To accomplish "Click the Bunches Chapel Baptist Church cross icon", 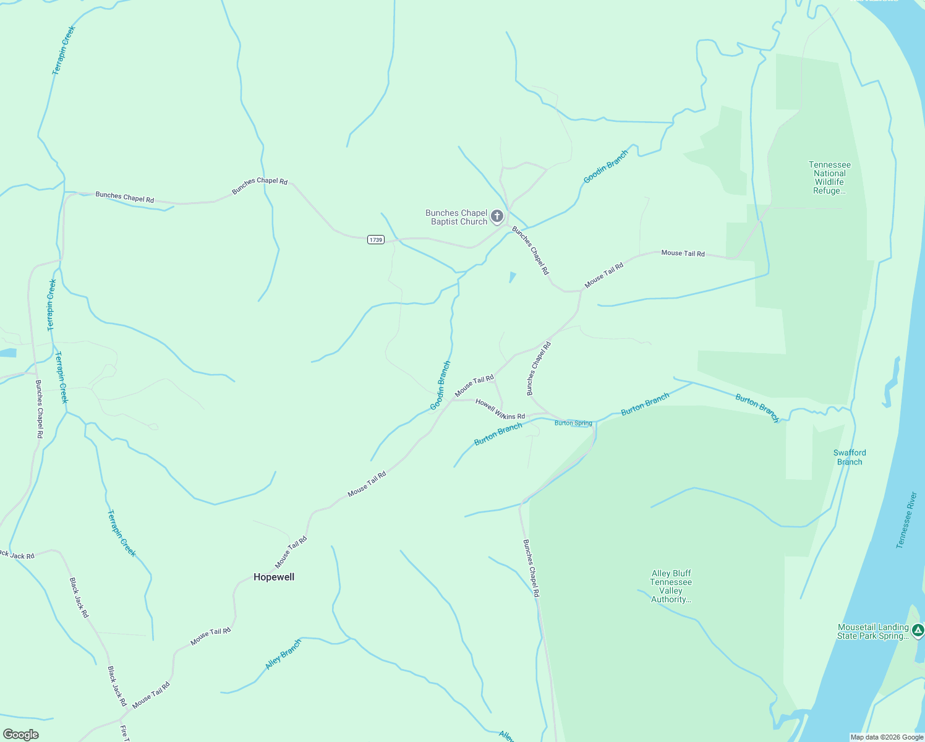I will [497, 216].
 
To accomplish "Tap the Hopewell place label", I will [274, 577].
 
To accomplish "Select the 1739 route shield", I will [376, 239].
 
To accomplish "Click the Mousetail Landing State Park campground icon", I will [918, 631].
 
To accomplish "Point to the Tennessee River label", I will [906, 520].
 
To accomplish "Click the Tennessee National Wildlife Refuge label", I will [830, 177].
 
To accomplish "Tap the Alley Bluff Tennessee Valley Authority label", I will [671, 586].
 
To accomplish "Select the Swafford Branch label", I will [850, 457].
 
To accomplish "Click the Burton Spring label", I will [573, 423].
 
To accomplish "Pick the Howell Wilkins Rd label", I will [500, 409].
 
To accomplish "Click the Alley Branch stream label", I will [283, 654].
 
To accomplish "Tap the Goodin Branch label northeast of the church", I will [606, 167].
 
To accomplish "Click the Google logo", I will [21, 734].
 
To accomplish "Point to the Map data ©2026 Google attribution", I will [886, 737].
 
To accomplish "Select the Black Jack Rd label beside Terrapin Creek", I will [79, 597].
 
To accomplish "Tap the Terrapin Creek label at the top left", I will [63, 51].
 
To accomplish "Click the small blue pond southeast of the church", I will [512, 276].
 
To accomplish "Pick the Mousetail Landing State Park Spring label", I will [872, 631].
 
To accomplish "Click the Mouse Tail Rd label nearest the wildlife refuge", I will [683, 253].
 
